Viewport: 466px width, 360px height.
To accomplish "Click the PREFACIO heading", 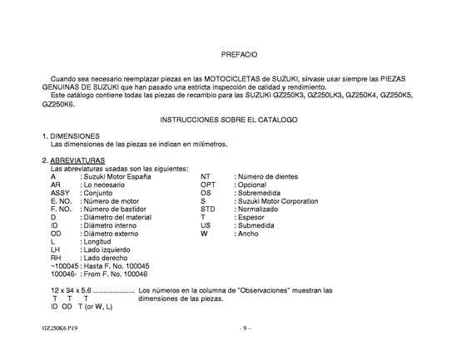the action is click(x=240, y=54).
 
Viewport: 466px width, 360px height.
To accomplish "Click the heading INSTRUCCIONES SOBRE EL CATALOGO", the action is click(x=240, y=120).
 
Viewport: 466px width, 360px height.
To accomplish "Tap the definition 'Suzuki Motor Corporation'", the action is click(x=278, y=200).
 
